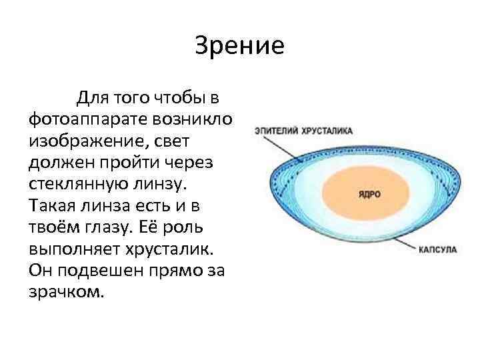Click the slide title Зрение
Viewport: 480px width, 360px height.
[x=240, y=46]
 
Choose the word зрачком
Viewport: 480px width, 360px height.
[x=67, y=292]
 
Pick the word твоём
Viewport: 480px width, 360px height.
[x=55, y=228]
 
